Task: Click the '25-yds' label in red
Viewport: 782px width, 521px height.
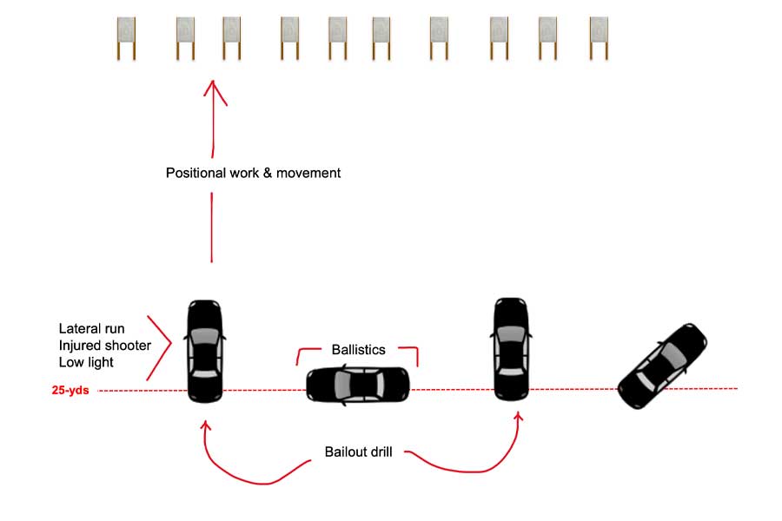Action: point(70,391)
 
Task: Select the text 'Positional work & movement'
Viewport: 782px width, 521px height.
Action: point(253,173)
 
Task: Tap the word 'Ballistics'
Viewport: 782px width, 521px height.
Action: point(358,351)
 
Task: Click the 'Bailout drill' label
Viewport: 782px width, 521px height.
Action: point(359,452)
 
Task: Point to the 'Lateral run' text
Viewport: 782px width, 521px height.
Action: point(91,329)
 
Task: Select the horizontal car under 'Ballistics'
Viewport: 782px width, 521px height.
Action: point(357,384)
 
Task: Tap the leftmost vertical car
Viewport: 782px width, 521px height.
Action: point(205,350)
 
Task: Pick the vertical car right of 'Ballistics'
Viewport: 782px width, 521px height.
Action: point(511,349)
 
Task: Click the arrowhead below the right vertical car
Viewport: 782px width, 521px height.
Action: point(519,419)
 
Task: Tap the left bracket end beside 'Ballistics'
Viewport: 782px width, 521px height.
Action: point(300,356)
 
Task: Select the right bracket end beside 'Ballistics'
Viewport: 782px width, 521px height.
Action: point(416,356)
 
